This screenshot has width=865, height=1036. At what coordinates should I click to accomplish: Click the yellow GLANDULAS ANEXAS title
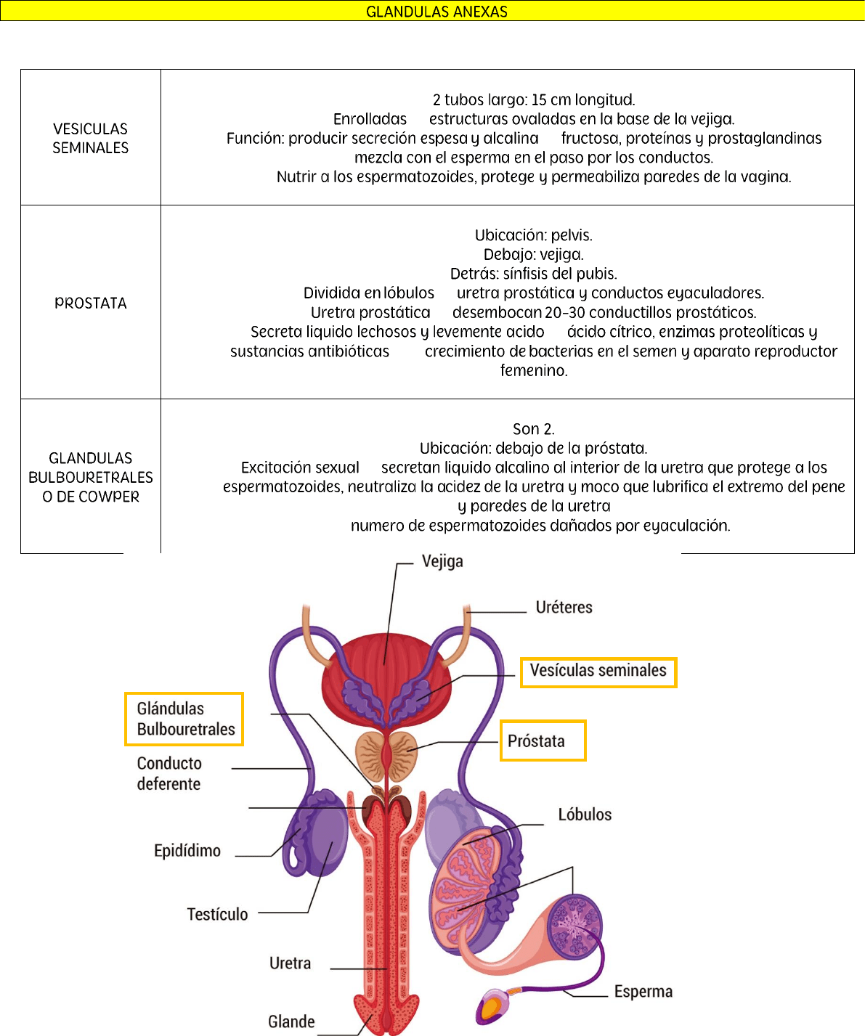click(x=436, y=12)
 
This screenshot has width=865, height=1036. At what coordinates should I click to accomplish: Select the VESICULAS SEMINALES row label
click(x=90, y=138)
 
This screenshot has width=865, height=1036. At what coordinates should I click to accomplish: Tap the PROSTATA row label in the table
click(x=91, y=303)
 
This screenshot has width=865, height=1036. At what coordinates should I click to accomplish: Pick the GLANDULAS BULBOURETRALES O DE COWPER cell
click(x=91, y=477)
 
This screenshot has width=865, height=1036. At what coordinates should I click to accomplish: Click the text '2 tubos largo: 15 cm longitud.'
click(x=534, y=99)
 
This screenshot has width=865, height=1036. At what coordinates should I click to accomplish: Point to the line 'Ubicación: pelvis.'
click(x=534, y=235)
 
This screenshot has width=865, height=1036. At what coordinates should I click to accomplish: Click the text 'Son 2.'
click(x=534, y=428)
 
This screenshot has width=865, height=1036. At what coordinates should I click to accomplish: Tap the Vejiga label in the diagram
click(x=442, y=561)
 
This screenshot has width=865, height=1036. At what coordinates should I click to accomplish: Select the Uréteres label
click(x=564, y=607)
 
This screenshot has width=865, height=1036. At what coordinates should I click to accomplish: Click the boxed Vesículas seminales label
click(x=598, y=671)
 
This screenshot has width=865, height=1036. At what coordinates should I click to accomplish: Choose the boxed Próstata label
click(x=537, y=741)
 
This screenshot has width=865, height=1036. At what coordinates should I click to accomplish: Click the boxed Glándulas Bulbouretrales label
click(x=185, y=719)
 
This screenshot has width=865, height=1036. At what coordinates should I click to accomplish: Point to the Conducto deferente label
click(x=169, y=773)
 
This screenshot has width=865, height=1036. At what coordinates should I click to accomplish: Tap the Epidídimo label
click(x=187, y=850)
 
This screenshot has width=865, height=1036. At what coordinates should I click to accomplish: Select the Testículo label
click(x=217, y=914)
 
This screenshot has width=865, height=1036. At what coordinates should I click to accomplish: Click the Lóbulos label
click(x=585, y=815)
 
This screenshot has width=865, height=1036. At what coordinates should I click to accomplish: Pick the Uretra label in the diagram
click(x=290, y=963)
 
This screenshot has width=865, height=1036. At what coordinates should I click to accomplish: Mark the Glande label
click(x=291, y=1021)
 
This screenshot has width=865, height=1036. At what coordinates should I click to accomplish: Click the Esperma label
click(x=643, y=992)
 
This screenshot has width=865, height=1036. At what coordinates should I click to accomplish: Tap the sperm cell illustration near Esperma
click(x=495, y=1006)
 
